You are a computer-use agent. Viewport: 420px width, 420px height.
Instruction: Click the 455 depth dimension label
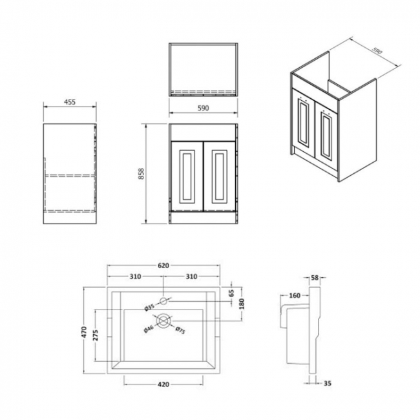click(69, 101)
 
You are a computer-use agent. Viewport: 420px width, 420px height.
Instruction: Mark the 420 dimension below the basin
click(163, 384)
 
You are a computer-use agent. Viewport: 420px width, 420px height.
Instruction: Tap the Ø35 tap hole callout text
click(149, 306)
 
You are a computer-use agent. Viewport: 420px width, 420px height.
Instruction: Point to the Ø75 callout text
click(180, 331)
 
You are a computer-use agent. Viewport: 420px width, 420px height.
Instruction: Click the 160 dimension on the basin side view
click(294, 296)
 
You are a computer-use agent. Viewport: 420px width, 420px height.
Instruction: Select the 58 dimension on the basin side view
click(315, 277)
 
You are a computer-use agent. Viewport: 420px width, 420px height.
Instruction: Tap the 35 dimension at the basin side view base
click(326, 384)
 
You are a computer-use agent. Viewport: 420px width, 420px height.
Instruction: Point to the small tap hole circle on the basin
click(163, 300)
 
